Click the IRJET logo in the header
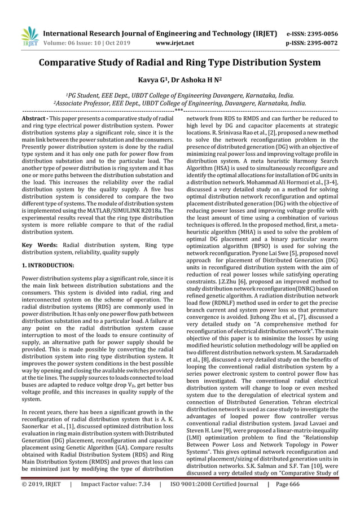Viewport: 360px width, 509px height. pyautogui.click(x=30, y=36)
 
